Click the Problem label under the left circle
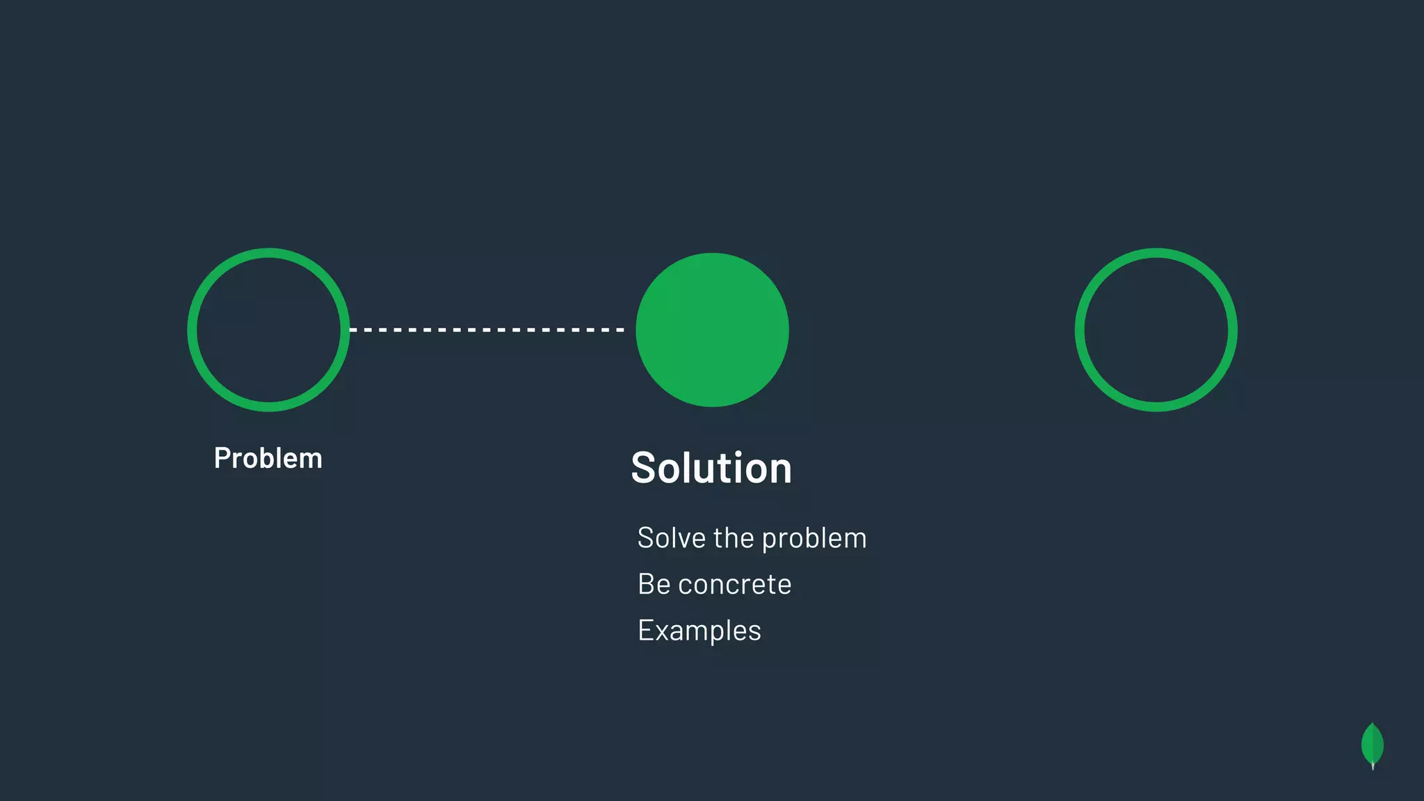268,458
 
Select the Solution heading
711,468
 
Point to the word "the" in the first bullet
734,538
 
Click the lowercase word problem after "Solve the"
814,540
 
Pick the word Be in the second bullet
654,584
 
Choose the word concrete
735,585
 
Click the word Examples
699,631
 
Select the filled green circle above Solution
712,330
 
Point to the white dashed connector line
487,330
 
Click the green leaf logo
1372,745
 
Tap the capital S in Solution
645,468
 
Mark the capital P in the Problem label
222,458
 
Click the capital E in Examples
645,631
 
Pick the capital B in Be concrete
646,584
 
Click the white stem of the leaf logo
1373,766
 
